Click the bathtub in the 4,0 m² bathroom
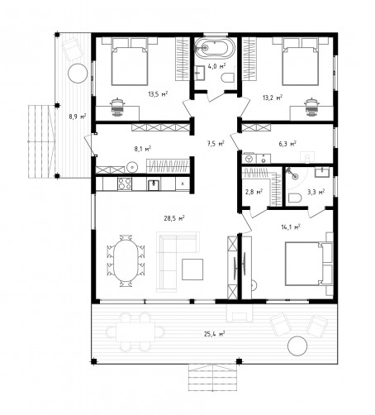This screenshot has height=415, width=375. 215,48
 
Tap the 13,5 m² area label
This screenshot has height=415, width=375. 158,94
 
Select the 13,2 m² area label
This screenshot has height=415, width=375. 273,98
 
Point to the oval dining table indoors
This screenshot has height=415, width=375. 126,260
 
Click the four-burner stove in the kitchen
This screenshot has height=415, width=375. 125,184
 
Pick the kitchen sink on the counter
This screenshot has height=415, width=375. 154,184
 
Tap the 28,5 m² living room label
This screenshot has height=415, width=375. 174,218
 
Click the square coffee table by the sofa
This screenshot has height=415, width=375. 192,270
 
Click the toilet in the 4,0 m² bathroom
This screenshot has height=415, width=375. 228,78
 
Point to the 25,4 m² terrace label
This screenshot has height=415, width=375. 215,334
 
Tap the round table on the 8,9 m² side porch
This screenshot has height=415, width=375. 78,74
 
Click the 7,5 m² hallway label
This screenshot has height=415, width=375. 216,143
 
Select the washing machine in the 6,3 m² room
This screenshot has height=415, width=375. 249,159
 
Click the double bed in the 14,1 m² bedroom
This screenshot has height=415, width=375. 308,263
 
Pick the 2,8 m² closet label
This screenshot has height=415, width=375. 254,192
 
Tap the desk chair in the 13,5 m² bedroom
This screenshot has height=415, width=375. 118,107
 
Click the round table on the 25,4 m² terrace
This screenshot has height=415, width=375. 297,346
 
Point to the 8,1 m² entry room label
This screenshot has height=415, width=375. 143,149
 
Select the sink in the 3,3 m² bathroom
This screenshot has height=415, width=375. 321,172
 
